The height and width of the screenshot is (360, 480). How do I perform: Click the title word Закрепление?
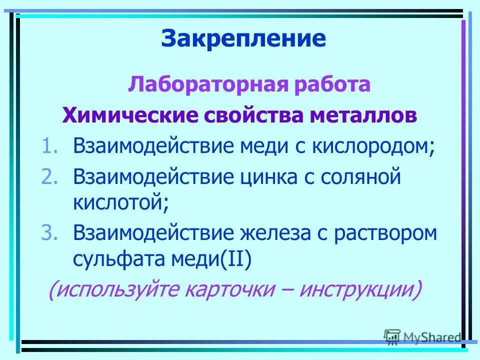click(243, 38)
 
